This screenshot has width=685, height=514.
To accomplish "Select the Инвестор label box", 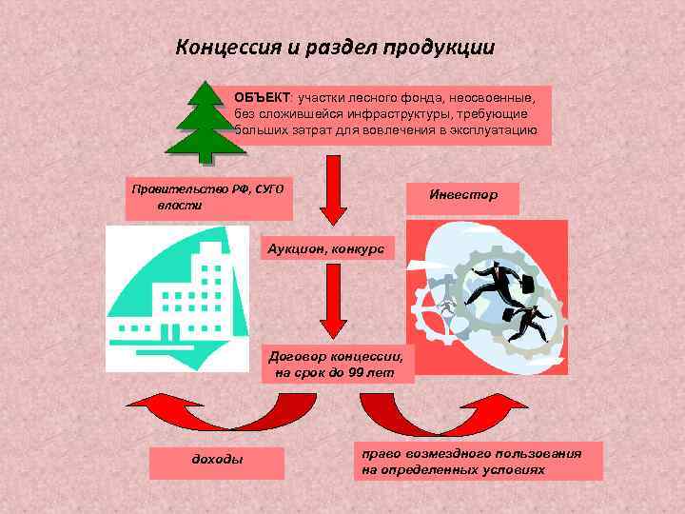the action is click(x=463, y=195).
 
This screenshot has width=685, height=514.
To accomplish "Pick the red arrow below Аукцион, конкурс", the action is click(x=333, y=300).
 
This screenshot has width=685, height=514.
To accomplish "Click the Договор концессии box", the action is click(x=338, y=363).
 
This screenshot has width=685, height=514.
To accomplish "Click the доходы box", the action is click(x=217, y=461).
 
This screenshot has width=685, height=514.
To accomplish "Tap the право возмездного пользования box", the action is click(x=479, y=461).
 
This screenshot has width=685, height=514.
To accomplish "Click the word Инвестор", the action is click(x=463, y=194).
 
